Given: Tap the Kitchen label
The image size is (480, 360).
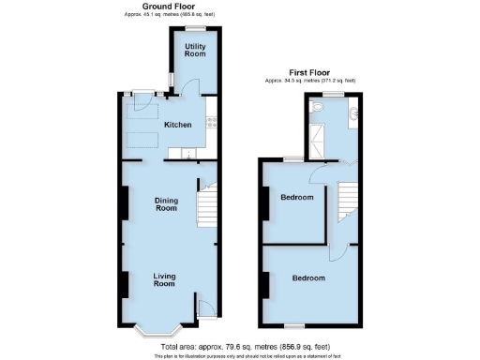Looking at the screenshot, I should [x=178, y=125].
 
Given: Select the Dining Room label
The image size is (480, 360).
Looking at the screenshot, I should [x=167, y=203].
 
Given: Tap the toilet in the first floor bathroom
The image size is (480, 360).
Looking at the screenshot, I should [x=319, y=109].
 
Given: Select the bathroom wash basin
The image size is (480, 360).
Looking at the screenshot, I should [x=355, y=115].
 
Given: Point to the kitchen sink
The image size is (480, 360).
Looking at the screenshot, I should [x=188, y=152].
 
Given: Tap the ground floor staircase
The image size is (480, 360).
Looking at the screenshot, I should [x=205, y=202].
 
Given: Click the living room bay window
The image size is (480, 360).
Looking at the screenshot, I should [x=156, y=331].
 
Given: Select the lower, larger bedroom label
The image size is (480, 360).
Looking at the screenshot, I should [x=307, y=278].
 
